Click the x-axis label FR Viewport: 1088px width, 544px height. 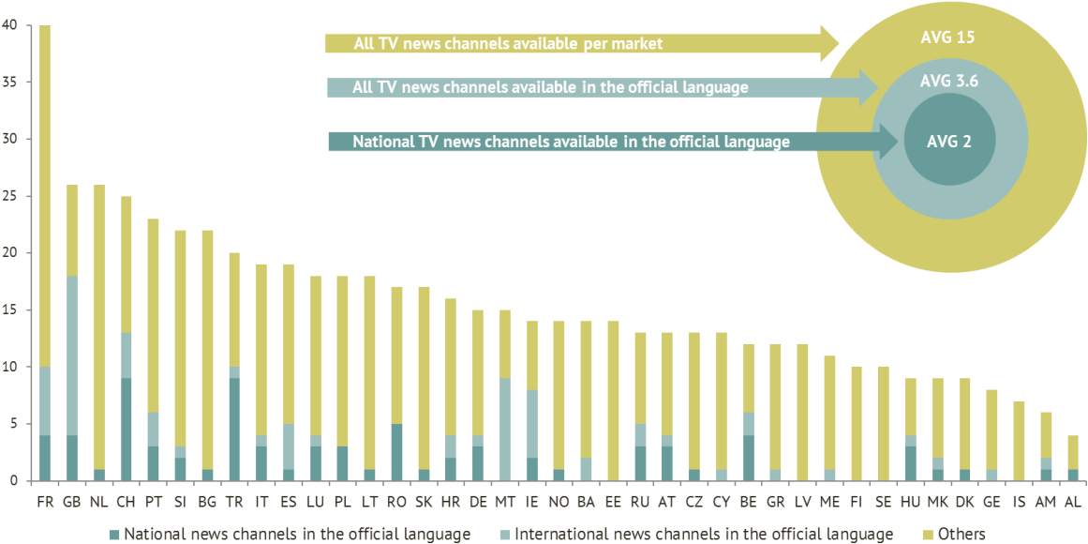pos(44,502)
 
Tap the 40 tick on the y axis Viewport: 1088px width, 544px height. pos(9,25)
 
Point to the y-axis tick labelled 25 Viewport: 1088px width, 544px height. pos(9,196)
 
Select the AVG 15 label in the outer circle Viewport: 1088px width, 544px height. pos(947,38)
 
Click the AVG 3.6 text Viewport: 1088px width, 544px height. pos(948,81)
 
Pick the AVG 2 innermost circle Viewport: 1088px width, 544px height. pos(948,142)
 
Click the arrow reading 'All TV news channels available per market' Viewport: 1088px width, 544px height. pos(581,43)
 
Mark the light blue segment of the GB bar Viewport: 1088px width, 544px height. pos(71,355)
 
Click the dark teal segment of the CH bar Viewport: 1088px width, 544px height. pos(126,430)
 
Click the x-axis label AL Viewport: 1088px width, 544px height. pos(1072,502)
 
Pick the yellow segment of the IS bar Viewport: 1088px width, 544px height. pos(1019,441)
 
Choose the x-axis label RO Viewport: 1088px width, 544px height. pos(396,502)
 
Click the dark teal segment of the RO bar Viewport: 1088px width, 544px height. pos(396,452)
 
